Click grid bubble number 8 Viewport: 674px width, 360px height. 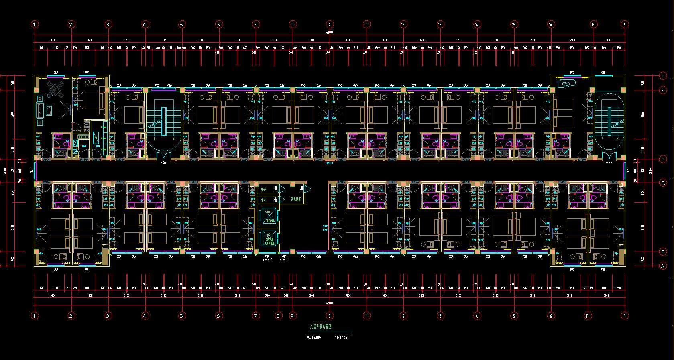(278, 316)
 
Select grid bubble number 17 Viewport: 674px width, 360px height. (587, 316)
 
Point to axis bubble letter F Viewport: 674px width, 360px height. (663, 76)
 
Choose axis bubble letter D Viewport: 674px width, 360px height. (663, 159)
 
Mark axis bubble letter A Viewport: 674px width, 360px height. (663, 266)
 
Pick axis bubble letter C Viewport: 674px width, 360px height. (663, 183)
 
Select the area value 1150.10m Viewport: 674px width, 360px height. (342, 338)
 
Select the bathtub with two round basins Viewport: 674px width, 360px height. (567, 84)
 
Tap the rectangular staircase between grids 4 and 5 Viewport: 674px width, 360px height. (163, 120)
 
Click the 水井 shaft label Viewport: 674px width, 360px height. (263, 199)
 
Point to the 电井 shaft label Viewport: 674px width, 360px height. (263, 189)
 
